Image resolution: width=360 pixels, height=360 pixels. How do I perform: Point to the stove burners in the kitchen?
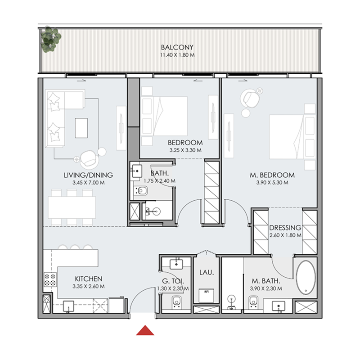pos(49,280)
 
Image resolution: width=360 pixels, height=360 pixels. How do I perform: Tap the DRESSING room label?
pos(285,227)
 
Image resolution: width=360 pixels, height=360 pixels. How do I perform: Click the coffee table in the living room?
pos(81,127)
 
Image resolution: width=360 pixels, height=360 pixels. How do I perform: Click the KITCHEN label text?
pos(88,279)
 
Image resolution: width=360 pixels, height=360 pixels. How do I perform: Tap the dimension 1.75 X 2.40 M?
pos(159,181)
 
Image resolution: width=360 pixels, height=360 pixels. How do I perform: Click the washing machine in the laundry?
pos(206,296)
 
